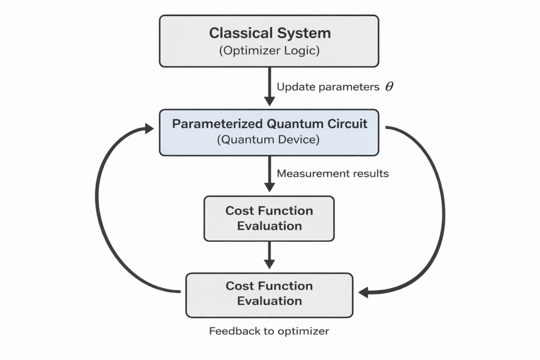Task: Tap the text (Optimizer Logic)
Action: coord(269,51)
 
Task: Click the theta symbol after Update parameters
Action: coord(389,87)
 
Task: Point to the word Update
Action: coord(294,87)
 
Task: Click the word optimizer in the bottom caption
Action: coord(307,331)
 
